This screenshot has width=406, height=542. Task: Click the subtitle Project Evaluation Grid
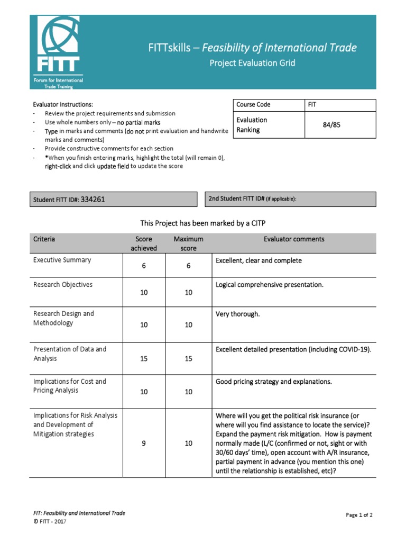pos(252,63)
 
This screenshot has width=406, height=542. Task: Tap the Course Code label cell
pos(253,105)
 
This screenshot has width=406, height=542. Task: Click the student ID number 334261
pos(96,200)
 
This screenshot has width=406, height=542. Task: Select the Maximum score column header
pos(188,243)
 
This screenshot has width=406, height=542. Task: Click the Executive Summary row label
pos(62,260)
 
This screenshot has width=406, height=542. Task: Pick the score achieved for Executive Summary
pos(143,266)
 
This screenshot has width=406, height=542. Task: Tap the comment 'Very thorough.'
pos(237,314)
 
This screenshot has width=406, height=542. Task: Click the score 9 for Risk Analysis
pos(143,444)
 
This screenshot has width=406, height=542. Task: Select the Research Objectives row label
pos(62,285)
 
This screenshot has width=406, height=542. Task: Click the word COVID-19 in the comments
pos(354,349)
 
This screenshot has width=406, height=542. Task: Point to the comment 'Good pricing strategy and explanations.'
pos(273,382)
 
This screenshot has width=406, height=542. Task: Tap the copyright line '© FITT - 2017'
pos(50,521)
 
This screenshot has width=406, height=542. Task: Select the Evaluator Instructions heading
pos(63,105)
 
